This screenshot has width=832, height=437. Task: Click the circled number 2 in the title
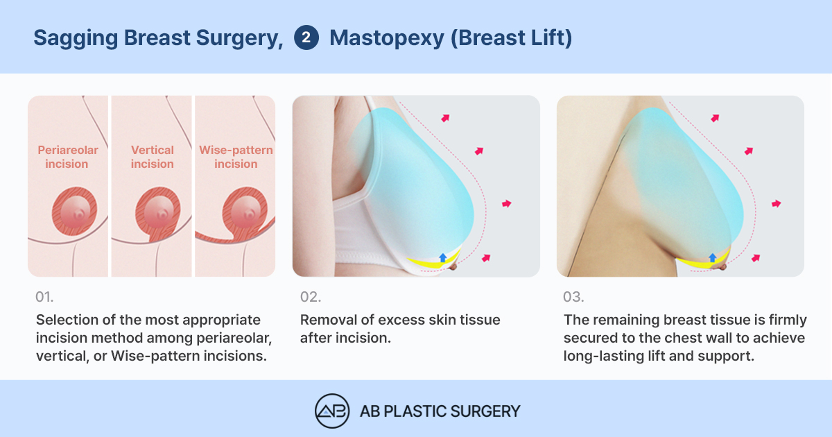(306, 37)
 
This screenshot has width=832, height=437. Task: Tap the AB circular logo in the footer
(332, 411)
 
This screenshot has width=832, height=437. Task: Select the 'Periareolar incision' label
(68, 157)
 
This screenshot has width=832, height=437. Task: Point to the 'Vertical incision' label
(153, 157)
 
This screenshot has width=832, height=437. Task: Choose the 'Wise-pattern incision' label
(236, 157)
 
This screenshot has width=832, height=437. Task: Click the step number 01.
(44, 297)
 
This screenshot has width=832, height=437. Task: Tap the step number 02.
(311, 297)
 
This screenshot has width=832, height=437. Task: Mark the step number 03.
(573, 297)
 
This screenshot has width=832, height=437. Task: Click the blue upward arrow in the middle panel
(443, 257)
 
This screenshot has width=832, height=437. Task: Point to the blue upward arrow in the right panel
(713, 257)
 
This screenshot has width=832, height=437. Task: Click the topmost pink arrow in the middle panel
(445, 118)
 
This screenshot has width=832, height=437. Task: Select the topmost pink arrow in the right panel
(715, 118)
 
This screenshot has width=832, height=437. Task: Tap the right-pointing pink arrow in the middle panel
(507, 204)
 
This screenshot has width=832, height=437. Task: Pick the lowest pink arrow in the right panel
(756, 258)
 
